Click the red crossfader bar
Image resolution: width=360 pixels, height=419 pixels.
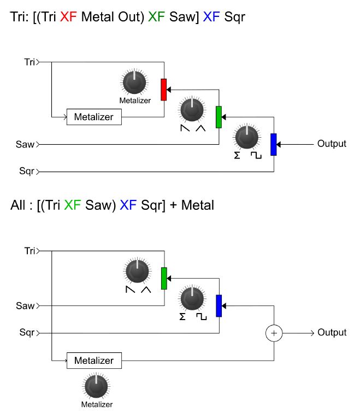point(163,90)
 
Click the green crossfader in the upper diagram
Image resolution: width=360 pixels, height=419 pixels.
point(219,117)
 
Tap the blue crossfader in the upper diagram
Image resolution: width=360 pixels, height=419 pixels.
point(274,144)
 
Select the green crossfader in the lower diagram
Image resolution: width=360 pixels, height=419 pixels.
point(163,278)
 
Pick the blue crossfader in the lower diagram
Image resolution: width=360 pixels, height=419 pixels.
point(219,305)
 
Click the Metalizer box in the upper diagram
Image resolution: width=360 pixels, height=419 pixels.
point(94,117)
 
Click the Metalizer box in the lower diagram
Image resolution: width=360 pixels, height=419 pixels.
point(94,361)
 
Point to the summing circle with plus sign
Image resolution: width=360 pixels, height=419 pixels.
point(274,333)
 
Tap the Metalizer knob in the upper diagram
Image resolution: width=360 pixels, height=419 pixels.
point(134,82)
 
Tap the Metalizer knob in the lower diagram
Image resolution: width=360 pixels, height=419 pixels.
point(96,387)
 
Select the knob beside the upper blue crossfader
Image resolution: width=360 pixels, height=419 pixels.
point(246,137)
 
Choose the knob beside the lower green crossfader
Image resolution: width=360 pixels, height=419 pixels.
point(137,271)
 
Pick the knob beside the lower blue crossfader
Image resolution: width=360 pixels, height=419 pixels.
point(192,298)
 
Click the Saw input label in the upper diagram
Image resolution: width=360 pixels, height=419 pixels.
point(25,144)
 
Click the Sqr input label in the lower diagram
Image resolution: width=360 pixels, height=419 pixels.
point(26,332)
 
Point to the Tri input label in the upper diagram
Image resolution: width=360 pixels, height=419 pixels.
point(29,62)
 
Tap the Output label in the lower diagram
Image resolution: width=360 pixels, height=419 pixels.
point(332,333)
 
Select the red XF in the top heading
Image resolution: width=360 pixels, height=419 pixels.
point(69,17)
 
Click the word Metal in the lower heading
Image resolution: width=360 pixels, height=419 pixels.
point(197,206)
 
